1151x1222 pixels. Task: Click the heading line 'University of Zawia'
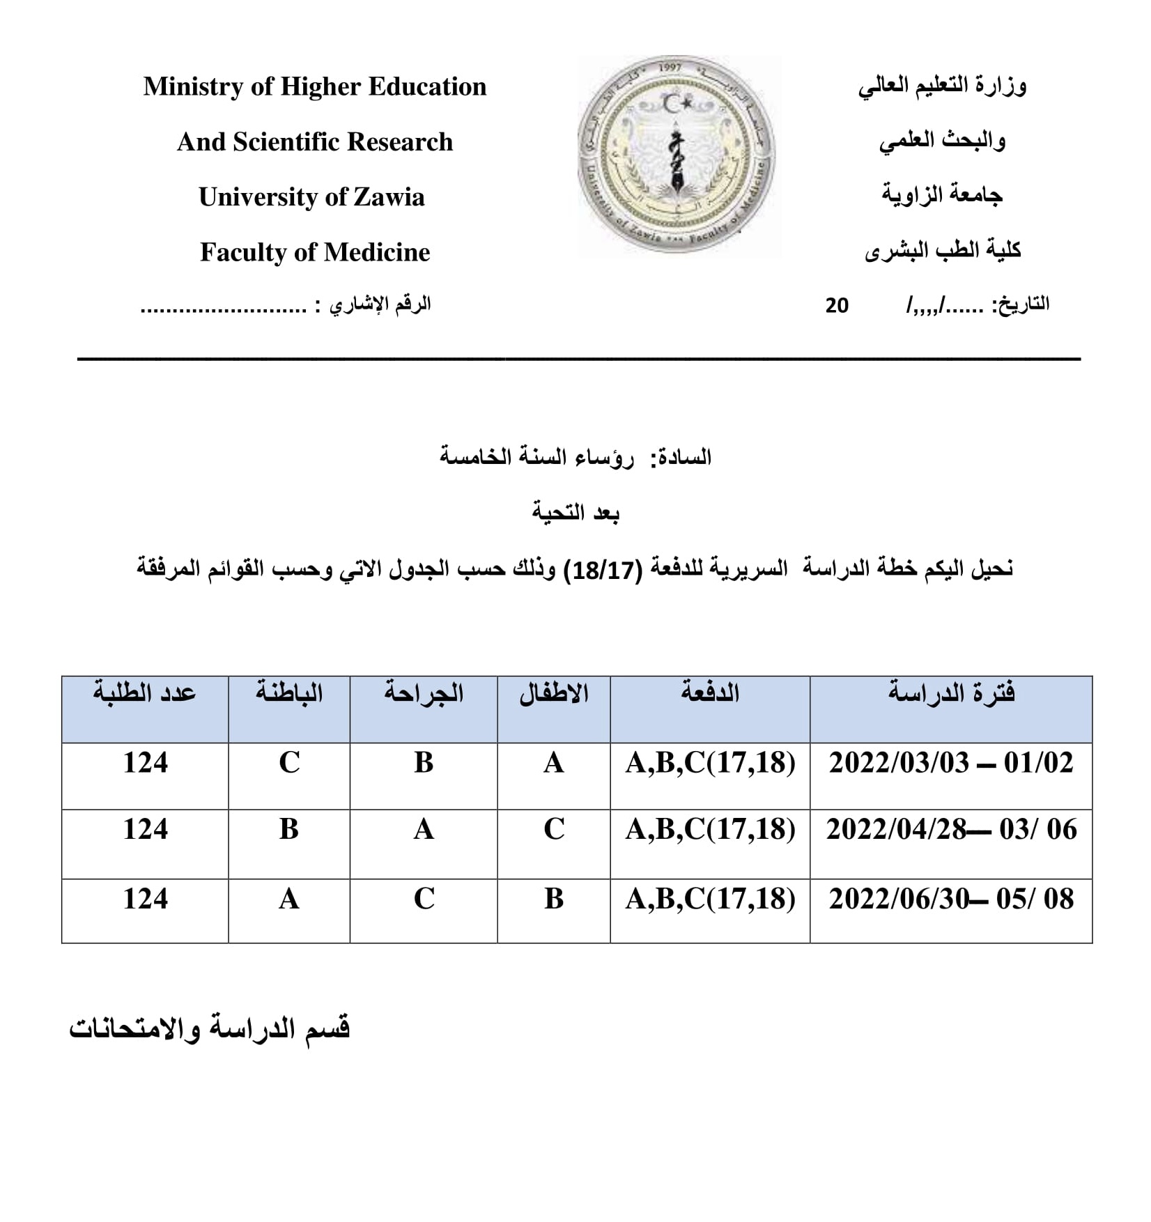(x=311, y=197)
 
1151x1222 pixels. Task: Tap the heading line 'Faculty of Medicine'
(x=315, y=252)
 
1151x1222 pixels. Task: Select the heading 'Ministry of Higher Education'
(x=315, y=86)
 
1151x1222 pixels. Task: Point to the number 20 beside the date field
(x=837, y=306)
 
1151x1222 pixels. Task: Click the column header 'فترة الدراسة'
(x=951, y=693)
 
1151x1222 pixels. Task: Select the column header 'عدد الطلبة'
(x=145, y=693)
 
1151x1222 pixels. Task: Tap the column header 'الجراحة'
(x=424, y=693)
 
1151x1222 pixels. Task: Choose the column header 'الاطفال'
(x=554, y=693)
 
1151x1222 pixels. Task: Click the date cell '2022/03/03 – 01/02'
(x=951, y=763)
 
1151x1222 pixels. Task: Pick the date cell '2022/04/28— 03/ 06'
(x=951, y=830)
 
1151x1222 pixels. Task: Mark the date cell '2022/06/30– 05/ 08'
(x=951, y=899)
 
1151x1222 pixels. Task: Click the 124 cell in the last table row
(x=145, y=899)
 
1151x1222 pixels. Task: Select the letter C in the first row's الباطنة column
(x=289, y=763)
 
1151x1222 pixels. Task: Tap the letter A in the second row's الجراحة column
(x=424, y=830)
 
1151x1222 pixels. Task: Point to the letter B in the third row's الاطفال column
(x=554, y=899)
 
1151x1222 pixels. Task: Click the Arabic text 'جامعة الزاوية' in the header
(x=942, y=194)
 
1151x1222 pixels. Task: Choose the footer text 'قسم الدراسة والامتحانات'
(x=209, y=1029)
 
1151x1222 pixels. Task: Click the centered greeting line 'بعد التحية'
(x=575, y=513)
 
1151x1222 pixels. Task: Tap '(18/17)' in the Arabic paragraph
(x=603, y=570)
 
